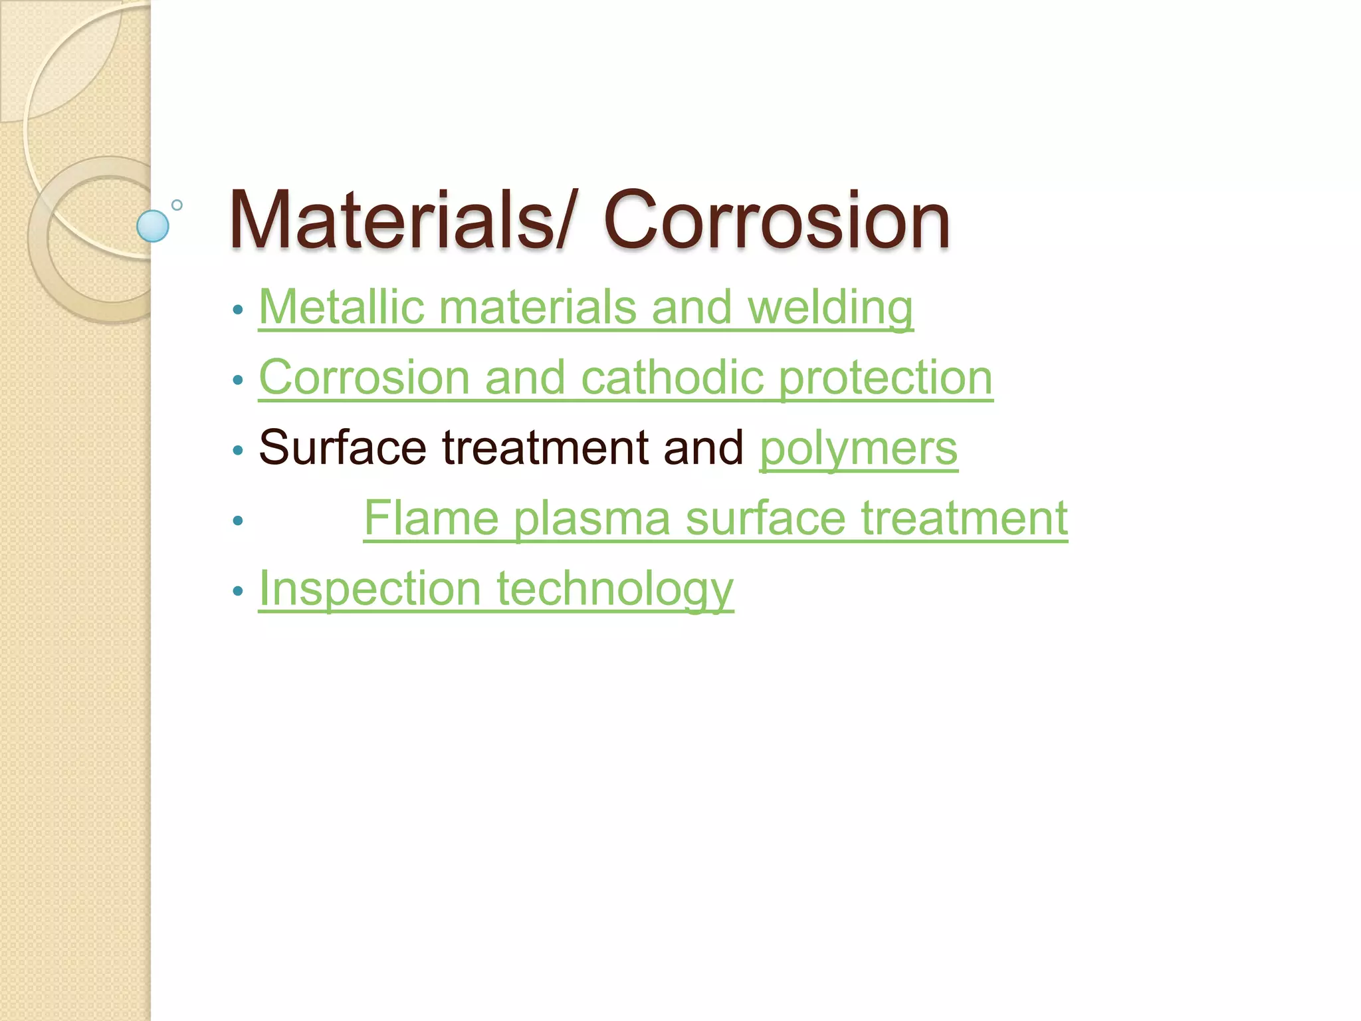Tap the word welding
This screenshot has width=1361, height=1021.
click(x=830, y=308)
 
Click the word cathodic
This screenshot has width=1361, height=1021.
click(x=672, y=378)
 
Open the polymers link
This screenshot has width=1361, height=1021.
click(x=859, y=449)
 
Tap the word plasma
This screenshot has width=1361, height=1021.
click(x=592, y=518)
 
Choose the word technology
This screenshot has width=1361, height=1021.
click(x=615, y=590)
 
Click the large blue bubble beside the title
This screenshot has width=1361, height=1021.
click(x=153, y=226)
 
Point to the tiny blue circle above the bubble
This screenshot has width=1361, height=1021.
click(x=177, y=205)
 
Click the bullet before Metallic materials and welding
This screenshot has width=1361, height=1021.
click(x=238, y=310)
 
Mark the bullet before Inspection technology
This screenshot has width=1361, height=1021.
click(x=238, y=591)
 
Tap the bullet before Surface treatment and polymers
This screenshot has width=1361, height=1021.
click(x=238, y=451)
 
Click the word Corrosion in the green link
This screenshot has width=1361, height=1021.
click(x=364, y=378)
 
